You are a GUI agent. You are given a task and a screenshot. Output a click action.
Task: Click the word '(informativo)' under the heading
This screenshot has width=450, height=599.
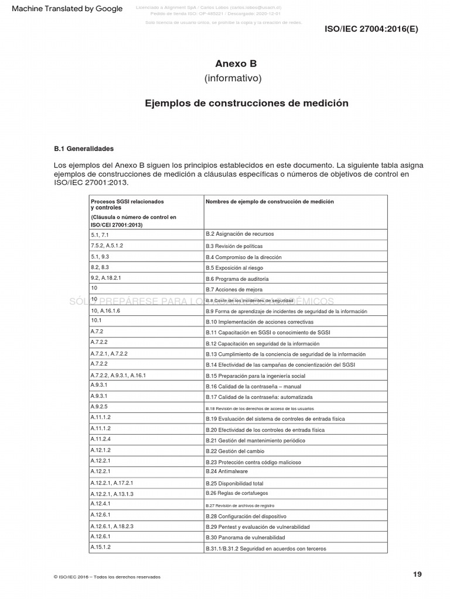pyautogui.click(x=233, y=78)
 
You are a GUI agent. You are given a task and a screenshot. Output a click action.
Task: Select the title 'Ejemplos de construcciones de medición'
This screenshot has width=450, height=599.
pyautogui.click(x=247, y=103)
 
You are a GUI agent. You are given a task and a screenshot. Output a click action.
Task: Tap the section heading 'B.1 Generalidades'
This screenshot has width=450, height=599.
pyautogui.click(x=84, y=149)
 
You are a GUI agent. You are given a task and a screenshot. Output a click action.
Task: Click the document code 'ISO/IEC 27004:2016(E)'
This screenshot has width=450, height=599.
pyautogui.click(x=371, y=28)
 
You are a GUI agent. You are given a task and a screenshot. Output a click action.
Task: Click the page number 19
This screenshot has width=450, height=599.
pyautogui.click(x=417, y=574)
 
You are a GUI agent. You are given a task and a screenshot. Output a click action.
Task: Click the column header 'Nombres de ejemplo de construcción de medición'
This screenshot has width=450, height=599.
pyautogui.click(x=270, y=202)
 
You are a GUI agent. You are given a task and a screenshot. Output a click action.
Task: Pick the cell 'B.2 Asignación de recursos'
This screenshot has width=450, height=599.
pyautogui.click(x=231, y=234)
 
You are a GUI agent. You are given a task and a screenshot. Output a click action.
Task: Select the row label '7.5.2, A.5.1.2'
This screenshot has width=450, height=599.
pyautogui.click(x=107, y=245)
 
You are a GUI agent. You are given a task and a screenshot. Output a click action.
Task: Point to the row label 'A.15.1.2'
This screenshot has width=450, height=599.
pyautogui.click(x=101, y=547)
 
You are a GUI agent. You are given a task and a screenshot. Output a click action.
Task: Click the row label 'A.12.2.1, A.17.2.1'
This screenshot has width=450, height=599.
pyautogui.click(x=112, y=483)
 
